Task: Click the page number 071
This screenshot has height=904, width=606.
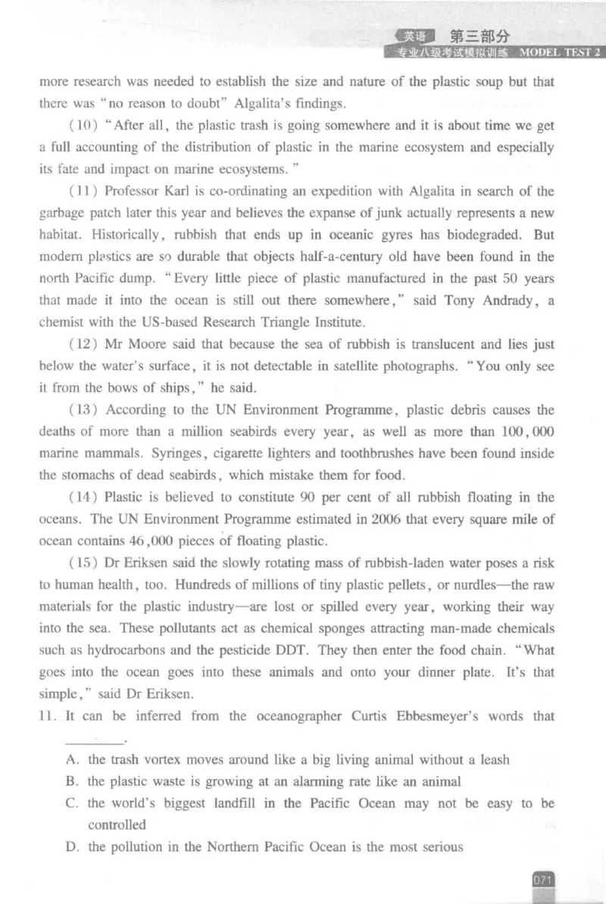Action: (544, 880)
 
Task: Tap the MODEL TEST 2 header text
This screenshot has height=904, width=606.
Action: (560, 52)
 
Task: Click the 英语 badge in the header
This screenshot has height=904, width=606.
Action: (415, 36)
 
